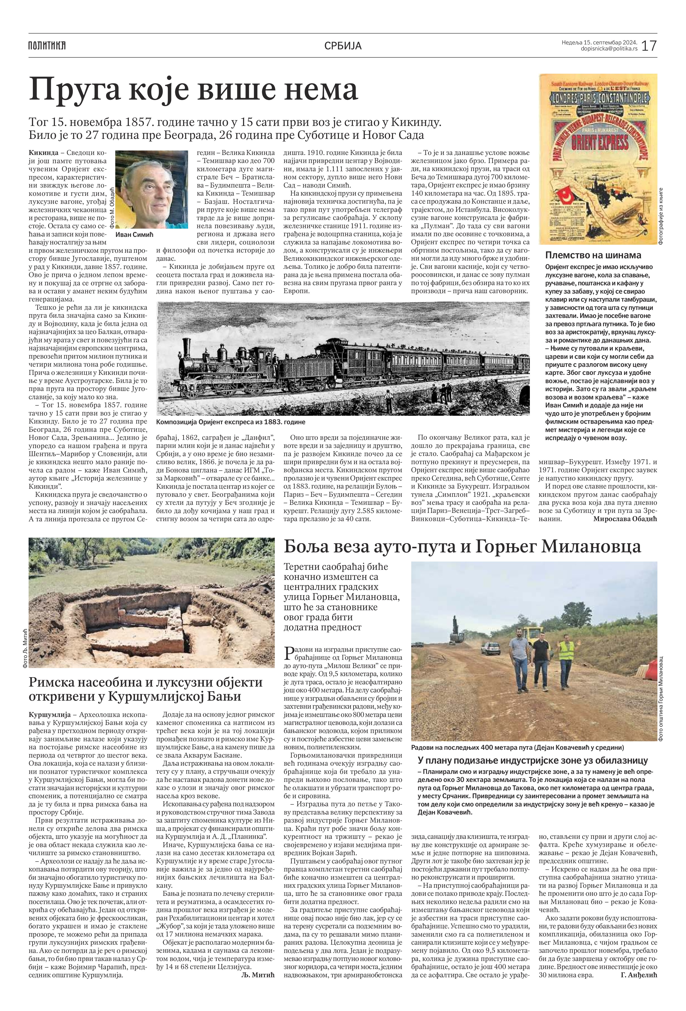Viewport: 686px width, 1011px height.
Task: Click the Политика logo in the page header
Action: click(x=47, y=45)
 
